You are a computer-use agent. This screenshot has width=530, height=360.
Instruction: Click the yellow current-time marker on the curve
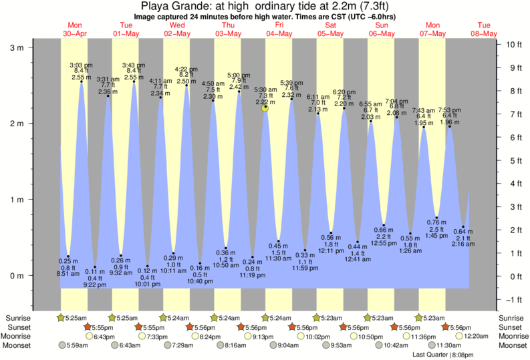265,108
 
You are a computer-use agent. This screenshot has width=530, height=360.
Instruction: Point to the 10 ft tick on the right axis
513,45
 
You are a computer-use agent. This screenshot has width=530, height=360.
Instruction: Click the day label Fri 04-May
279,29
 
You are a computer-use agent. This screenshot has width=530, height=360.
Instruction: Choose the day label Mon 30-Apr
74,29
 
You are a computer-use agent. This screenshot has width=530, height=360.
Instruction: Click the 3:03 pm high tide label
82,65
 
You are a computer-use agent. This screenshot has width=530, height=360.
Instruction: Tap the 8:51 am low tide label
68,273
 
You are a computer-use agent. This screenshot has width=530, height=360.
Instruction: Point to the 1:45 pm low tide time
436,236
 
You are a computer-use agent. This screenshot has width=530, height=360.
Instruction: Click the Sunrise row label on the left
16,318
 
